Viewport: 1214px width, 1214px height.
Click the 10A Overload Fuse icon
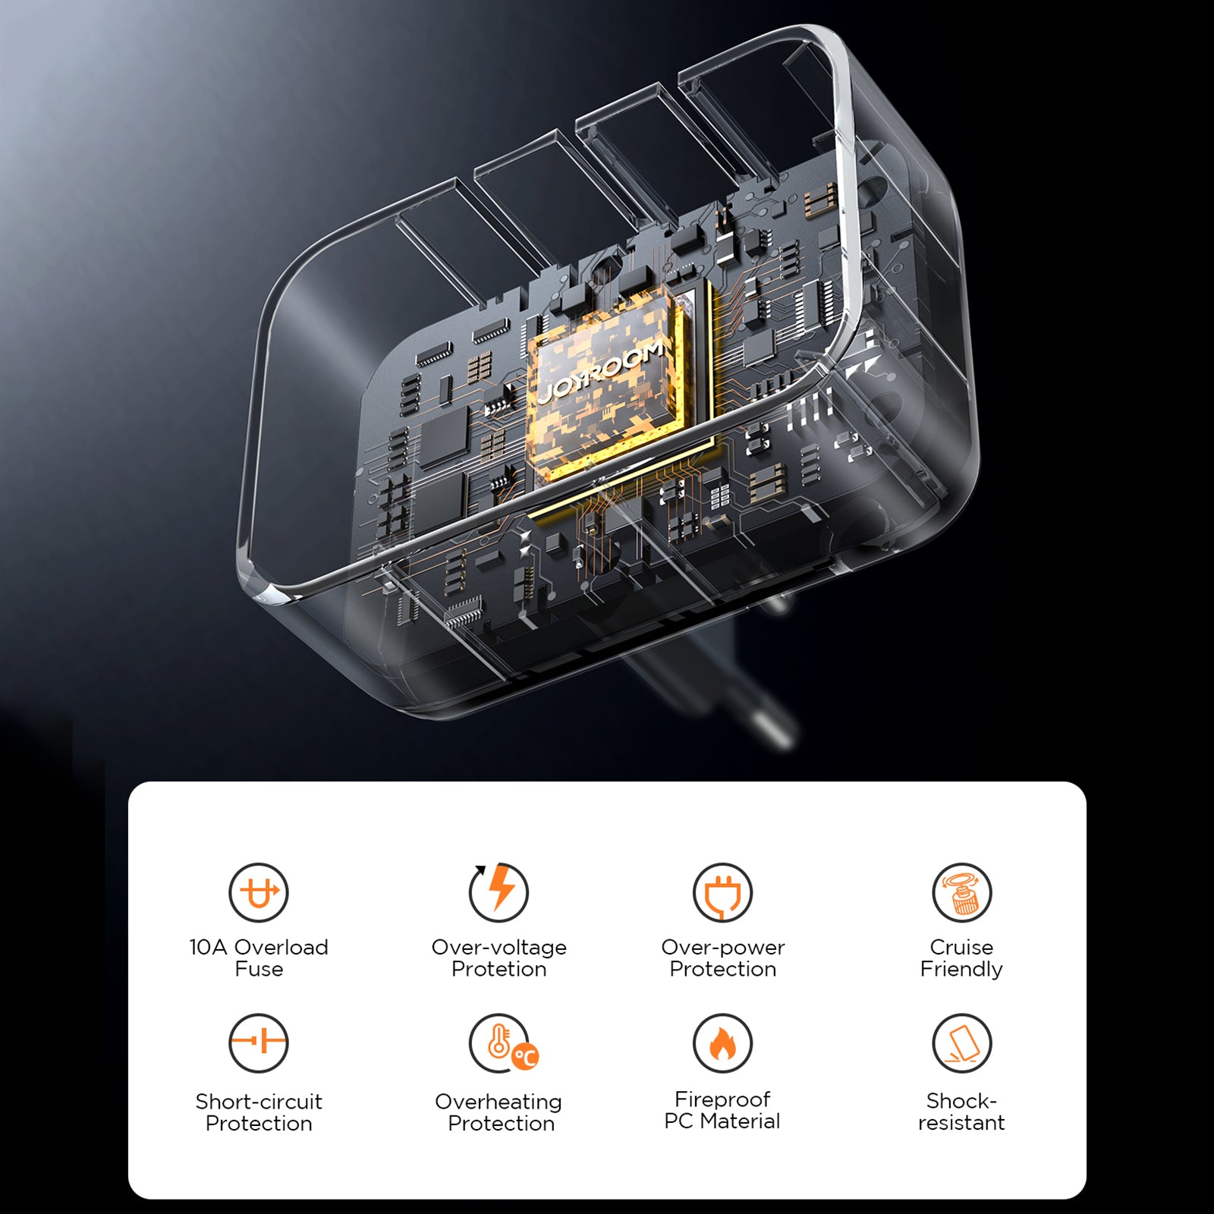(259, 892)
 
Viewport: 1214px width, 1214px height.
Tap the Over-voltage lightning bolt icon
(498, 892)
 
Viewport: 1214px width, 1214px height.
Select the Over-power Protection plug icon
(722, 892)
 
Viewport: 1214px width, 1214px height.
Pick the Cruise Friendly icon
(961, 892)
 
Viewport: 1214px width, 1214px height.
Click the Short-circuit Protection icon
(259, 1043)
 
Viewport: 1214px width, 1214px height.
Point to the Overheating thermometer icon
(503, 1043)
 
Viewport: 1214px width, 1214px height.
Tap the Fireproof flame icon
(722, 1043)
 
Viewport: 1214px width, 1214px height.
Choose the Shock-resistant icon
(961, 1043)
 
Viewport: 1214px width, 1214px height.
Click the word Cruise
(961, 947)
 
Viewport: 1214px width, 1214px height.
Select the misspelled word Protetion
(498, 969)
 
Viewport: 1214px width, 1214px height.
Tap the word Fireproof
(722, 1099)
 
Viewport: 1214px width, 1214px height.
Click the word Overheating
(498, 1102)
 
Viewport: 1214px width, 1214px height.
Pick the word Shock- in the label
(961, 1100)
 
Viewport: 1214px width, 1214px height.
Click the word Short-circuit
(259, 1101)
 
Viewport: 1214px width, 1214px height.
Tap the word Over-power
(723, 948)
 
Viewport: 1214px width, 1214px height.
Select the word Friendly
(961, 970)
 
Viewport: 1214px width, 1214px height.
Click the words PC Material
(722, 1121)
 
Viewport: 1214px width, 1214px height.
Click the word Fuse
(259, 969)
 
